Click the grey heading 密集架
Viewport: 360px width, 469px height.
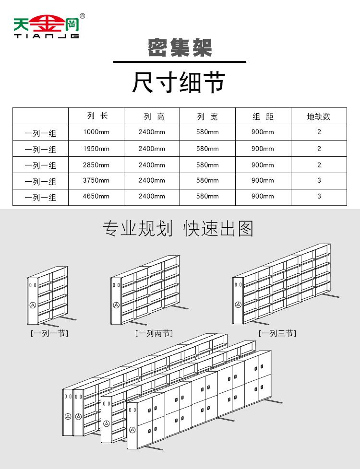[180, 48]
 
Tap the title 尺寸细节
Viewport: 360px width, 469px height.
[179, 82]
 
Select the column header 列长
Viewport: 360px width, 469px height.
[96, 116]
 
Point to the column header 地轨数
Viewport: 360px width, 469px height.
[319, 117]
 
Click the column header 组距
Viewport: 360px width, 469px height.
[263, 117]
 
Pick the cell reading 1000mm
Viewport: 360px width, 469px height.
[96, 132]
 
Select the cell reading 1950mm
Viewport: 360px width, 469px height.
[96, 149]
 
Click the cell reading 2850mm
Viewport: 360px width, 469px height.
[96, 165]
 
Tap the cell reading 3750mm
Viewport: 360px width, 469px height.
[96, 181]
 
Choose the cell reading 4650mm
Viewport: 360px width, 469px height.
[96, 197]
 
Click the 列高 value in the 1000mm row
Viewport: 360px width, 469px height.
[152, 132]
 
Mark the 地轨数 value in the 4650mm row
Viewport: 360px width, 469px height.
[319, 196]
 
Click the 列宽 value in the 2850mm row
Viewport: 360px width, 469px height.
[207, 165]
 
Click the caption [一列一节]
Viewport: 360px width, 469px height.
[49, 333]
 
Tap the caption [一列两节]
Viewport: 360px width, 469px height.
[154, 333]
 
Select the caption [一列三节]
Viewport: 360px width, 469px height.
[277, 333]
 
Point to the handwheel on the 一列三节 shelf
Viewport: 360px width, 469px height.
[238, 304]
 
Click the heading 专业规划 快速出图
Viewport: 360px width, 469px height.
[178, 229]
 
